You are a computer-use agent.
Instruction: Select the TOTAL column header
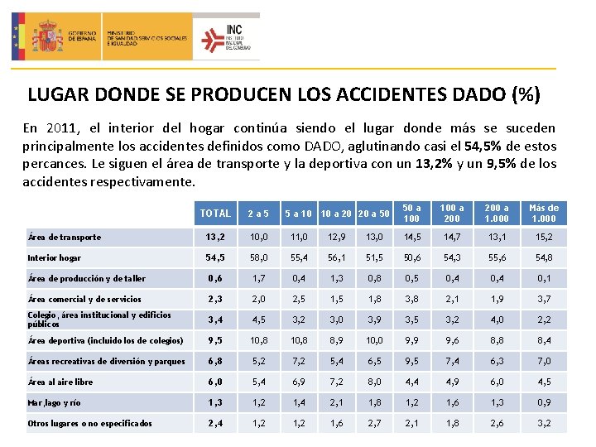coord(215,214)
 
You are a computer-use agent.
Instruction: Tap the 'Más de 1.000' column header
coord(543,213)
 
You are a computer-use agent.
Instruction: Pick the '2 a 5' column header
coord(257,214)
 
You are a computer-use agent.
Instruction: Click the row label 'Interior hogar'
coord(54,257)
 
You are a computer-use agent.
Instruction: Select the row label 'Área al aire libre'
coord(60,382)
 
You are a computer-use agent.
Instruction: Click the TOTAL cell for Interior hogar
coord(215,257)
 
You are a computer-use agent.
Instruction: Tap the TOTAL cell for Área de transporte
coord(215,237)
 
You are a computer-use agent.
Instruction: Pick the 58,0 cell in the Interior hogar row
coord(257,257)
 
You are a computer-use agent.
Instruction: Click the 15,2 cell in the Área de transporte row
coord(543,237)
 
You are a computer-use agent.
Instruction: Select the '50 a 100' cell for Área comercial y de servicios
coord(411,299)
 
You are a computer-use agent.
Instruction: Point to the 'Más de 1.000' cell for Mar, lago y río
coord(543,402)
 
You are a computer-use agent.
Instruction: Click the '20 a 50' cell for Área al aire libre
coord(374,382)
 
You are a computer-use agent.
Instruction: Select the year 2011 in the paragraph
coord(65,128)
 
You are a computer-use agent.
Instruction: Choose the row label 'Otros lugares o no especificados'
coord(89,423)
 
